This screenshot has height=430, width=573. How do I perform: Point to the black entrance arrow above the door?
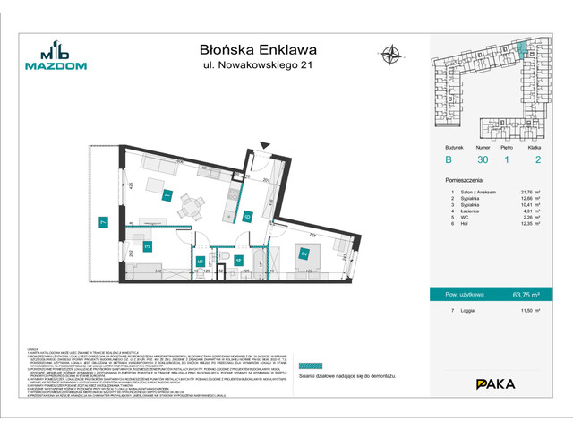[262, 145]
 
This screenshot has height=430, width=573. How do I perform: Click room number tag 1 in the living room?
[167, 196]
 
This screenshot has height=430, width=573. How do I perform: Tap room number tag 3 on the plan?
[147, 245]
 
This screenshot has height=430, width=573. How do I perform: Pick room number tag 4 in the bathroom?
[238, 261]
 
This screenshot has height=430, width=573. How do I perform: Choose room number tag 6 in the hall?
[247, 215]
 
